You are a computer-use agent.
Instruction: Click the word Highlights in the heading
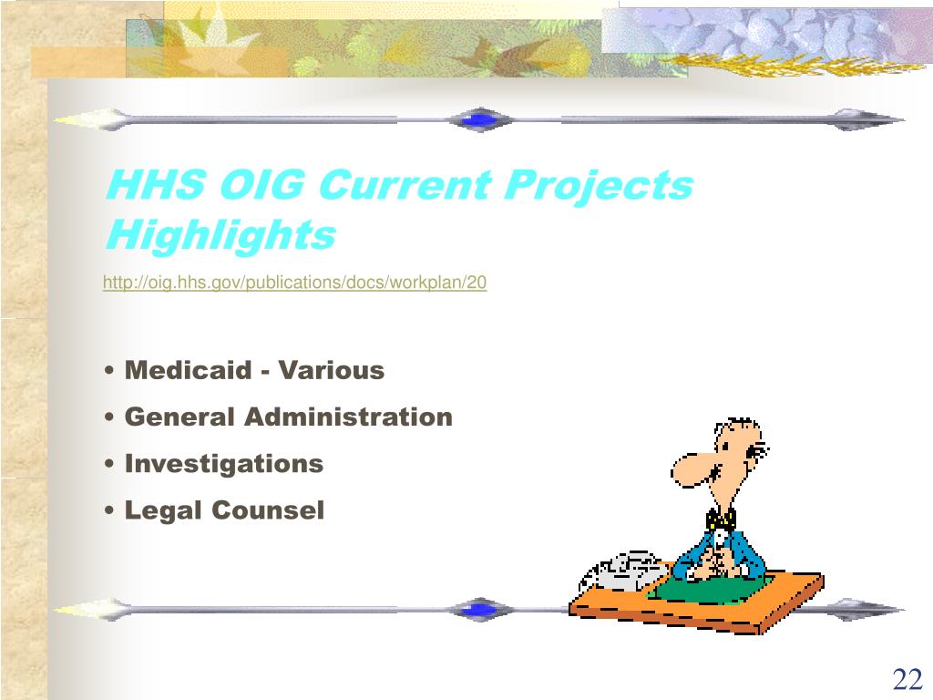tap(220, 235)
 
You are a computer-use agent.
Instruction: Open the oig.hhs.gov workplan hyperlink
tap(294, 283)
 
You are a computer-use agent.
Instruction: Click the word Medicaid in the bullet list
tap(187, 371)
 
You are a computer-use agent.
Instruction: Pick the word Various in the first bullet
tap(332, 371)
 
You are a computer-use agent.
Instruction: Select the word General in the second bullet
tap(179, 417)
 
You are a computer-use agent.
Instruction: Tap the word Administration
tap(348, 417)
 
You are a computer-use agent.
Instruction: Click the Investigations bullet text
tap(224, 464)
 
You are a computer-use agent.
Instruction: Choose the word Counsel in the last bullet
tap(268, 510)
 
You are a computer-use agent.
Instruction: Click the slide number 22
tap(907, 679)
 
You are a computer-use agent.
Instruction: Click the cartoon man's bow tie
tap(721, 519)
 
